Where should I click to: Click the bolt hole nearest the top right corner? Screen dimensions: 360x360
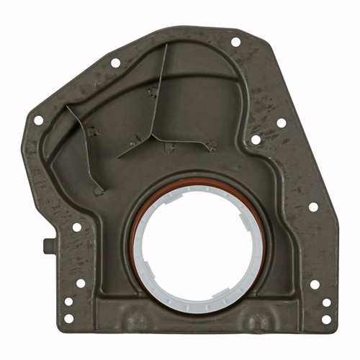coord(235,42)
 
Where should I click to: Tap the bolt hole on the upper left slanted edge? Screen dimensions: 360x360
coord(114,63)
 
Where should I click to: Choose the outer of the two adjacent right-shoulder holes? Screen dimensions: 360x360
coord(282,122)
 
